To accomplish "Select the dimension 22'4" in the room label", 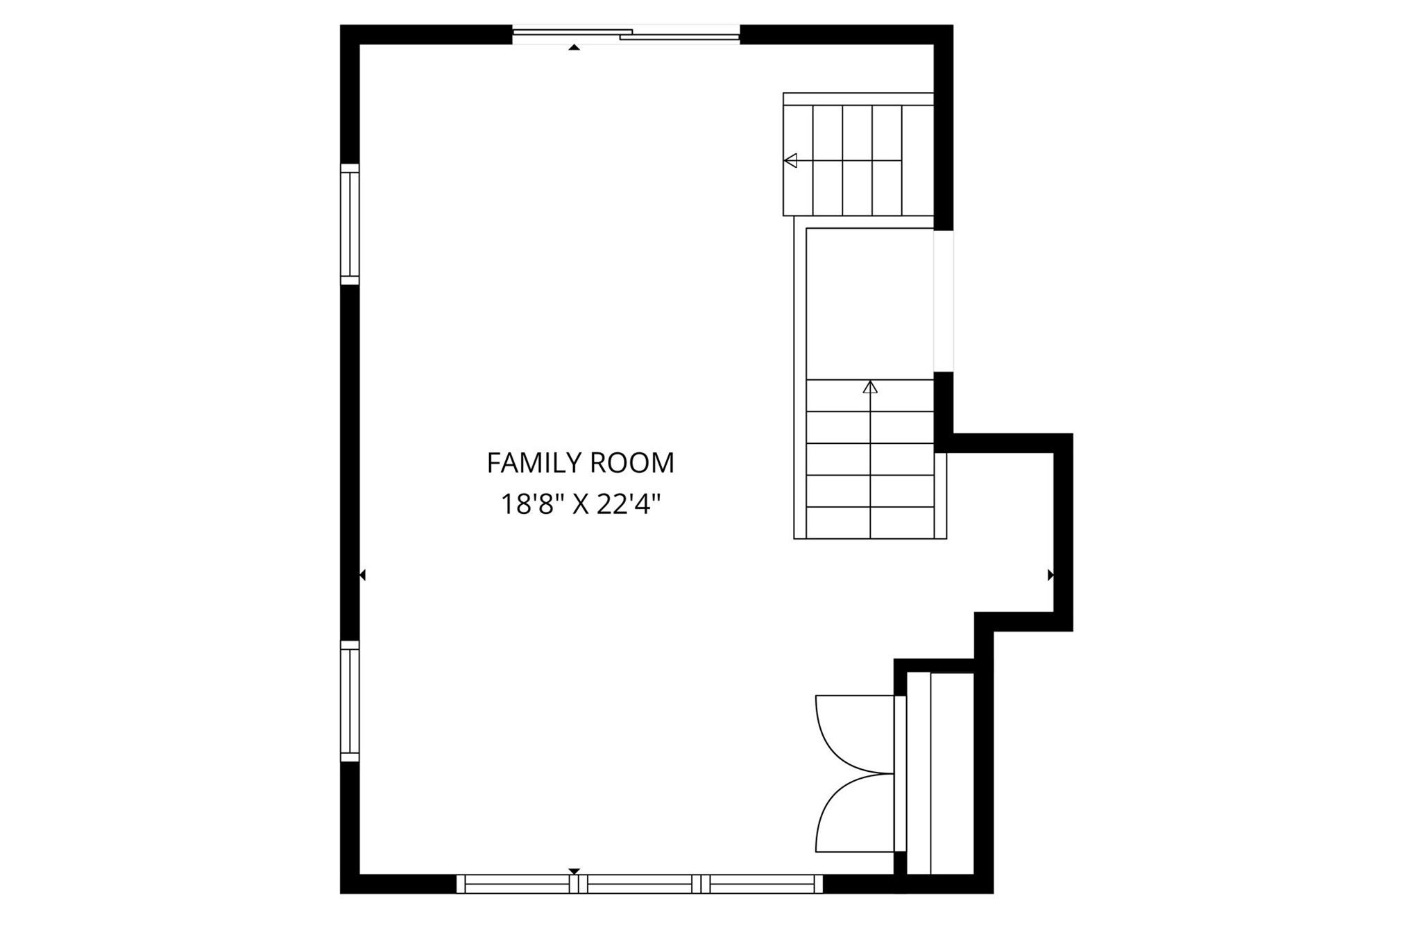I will (x=627, y=504).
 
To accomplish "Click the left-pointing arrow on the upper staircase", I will (x=790, y=161).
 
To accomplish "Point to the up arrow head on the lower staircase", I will (x=870, y=387).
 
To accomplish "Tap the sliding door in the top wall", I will (x=626, y=34).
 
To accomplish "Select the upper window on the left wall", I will (x=350, y=224).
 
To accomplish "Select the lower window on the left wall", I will (x=350, y=700).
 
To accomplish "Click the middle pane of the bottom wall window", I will (x=640, y=884).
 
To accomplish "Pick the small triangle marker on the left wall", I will (x=362, y=575).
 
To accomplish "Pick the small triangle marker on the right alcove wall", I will (x=1050, y=575).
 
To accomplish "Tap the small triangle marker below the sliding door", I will (x=574, y=47).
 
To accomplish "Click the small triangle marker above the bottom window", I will (x=574, y=871).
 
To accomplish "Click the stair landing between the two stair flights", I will (x=870, y=303).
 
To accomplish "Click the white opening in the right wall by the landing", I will (x=944, y=301).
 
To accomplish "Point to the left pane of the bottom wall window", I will (x=517, y=884).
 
